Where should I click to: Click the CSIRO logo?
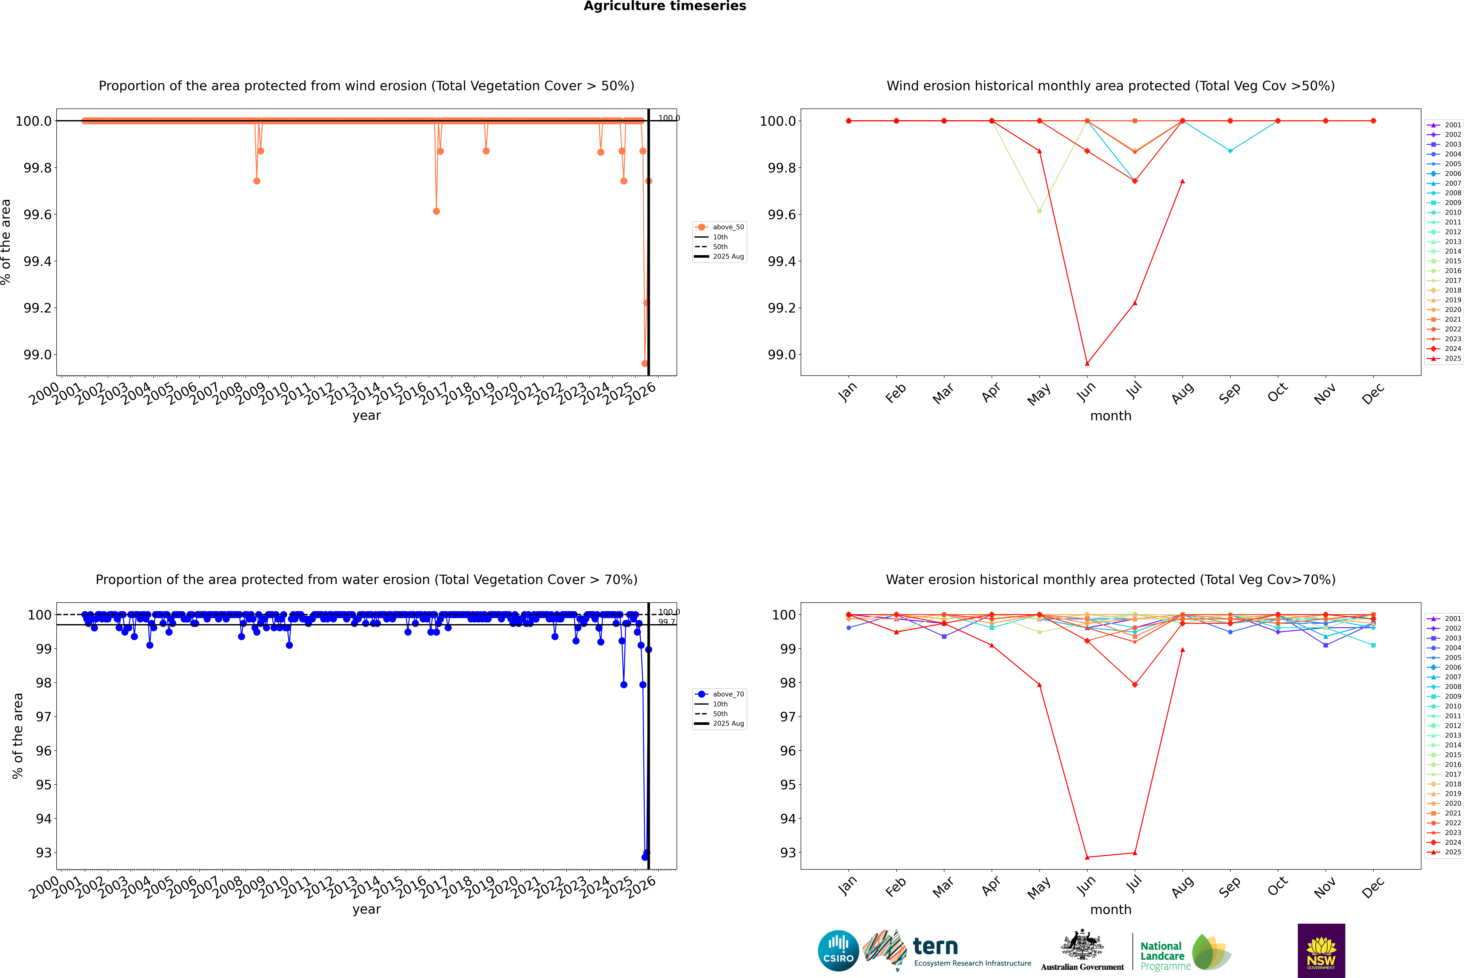point(838,951)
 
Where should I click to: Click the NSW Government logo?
point(1321,951)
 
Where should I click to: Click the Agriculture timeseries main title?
point(665,6)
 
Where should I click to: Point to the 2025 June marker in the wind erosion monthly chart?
point(1087,364)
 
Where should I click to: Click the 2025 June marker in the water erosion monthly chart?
point(1087,857)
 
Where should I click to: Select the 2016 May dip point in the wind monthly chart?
point(1039,211)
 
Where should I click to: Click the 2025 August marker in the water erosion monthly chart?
point(1183,649)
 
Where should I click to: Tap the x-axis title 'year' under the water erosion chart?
point(366,909)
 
